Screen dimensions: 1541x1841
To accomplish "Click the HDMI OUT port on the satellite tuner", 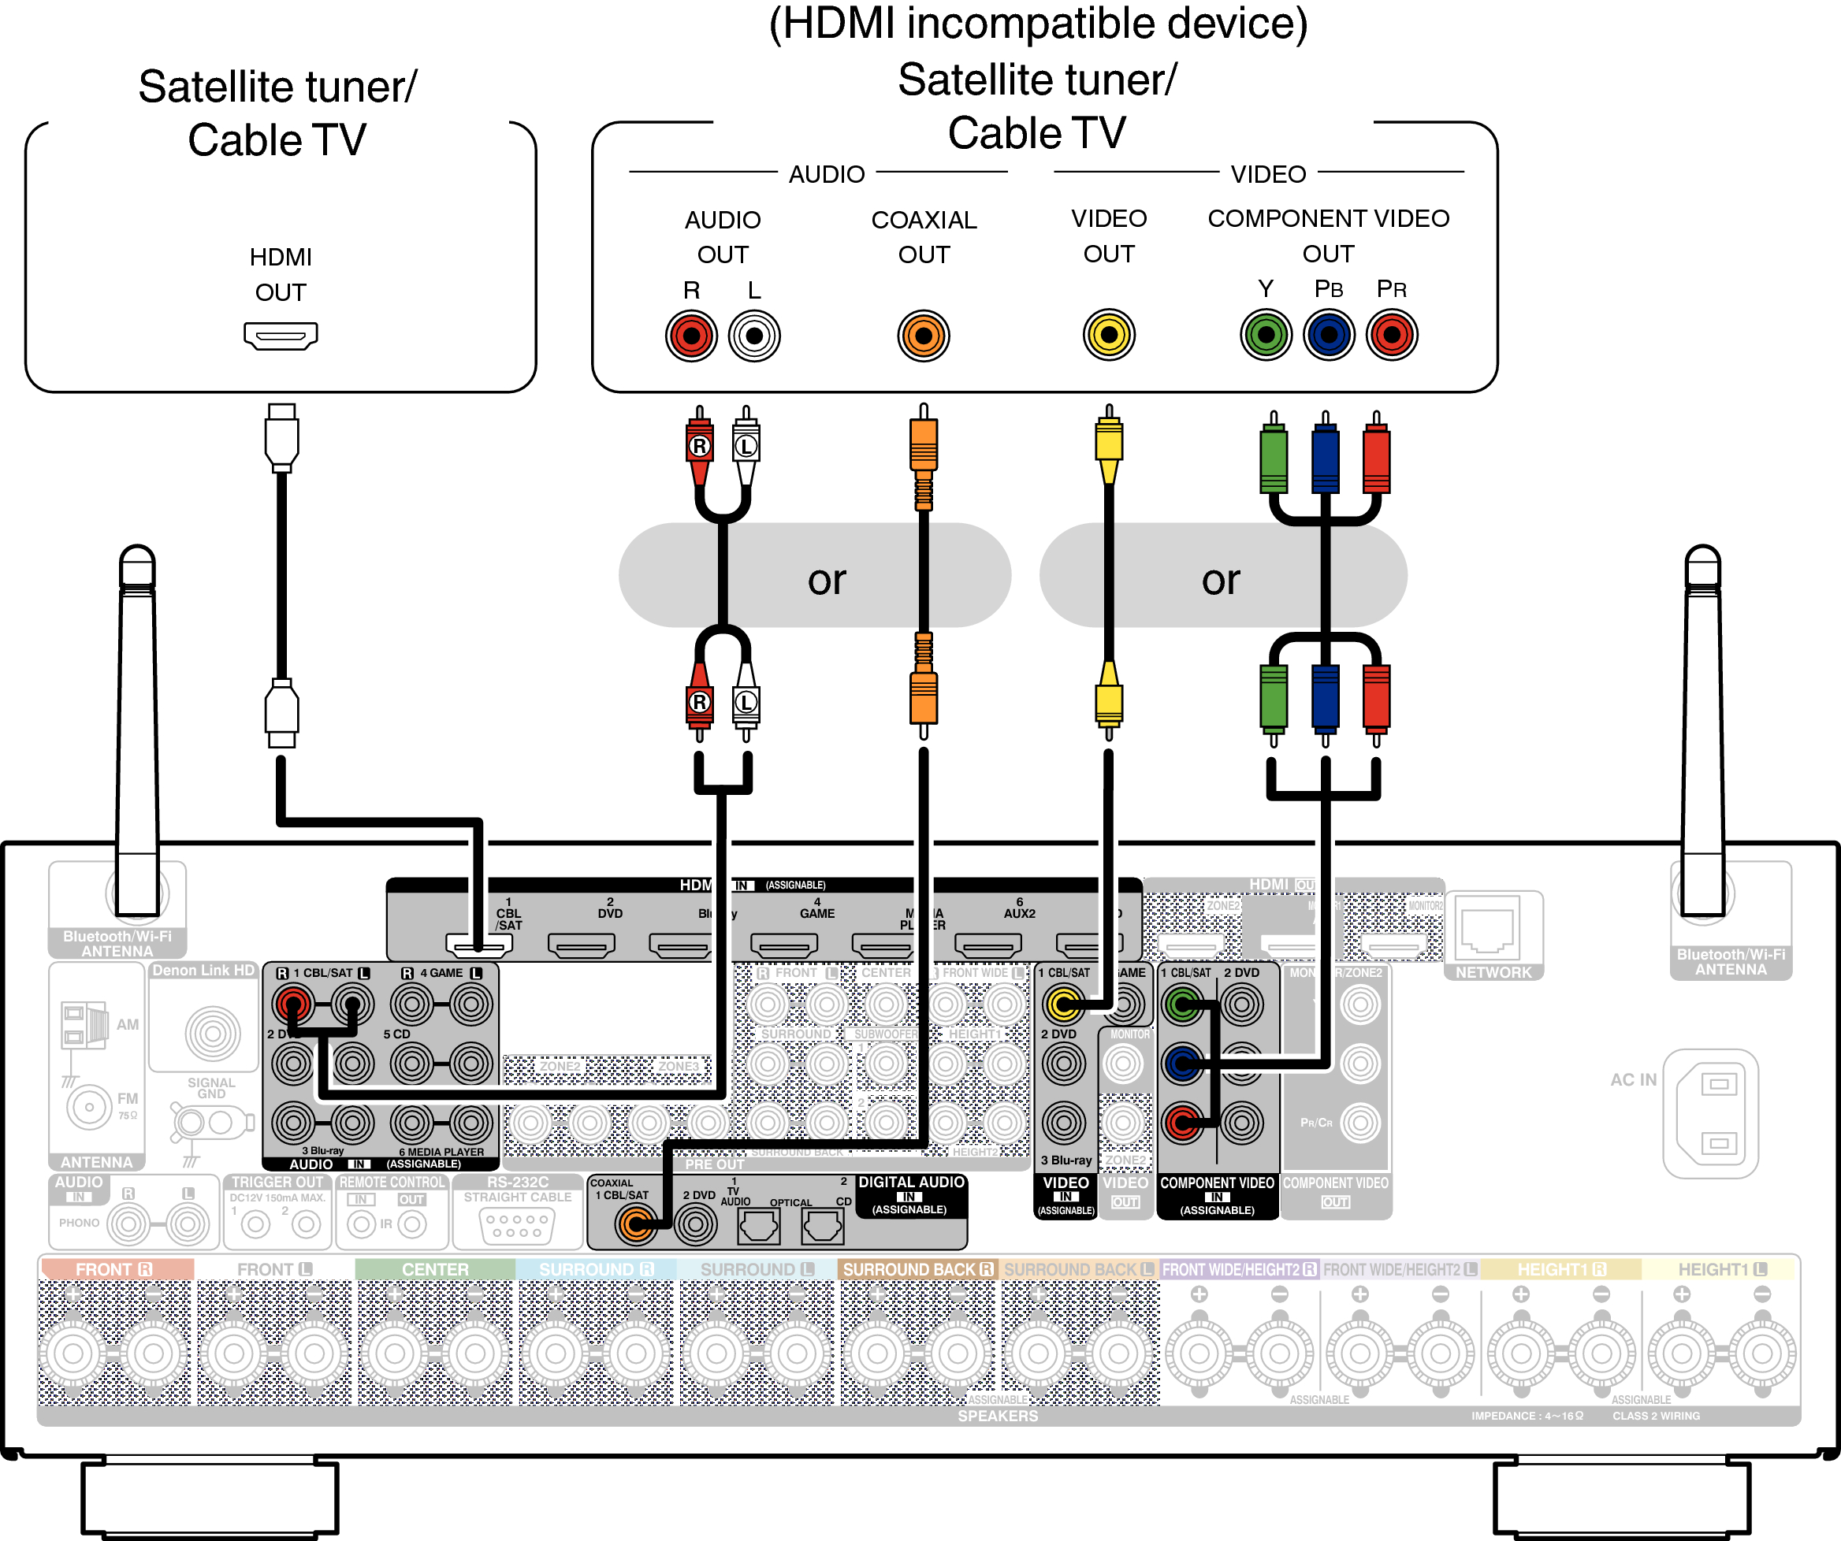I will [281, 336].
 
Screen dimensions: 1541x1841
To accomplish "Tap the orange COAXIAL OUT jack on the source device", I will [923, 336].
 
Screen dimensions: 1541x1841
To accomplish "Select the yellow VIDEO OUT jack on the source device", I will [1108, 335].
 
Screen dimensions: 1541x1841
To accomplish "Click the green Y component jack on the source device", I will [1265, 335].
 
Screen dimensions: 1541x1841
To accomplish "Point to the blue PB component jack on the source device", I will [1328, 335].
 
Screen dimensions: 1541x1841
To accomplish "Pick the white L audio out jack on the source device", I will [754, 336].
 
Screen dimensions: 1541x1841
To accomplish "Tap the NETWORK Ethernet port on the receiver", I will [1493, 931].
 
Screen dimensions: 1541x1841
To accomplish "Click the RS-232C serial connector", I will [517, 1225].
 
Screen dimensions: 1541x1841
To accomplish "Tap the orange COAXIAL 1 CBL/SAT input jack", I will [635, 1224].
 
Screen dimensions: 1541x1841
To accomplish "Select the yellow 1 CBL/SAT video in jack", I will [1063, 1004].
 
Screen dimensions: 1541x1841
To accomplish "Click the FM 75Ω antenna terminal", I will [88, 1107].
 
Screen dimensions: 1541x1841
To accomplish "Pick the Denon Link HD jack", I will [212, 1034].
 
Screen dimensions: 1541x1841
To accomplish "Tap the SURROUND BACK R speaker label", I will [917, 1269].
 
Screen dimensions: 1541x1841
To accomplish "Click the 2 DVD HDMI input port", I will [582, 945].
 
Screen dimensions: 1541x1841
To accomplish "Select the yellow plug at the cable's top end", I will [1108, 443].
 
